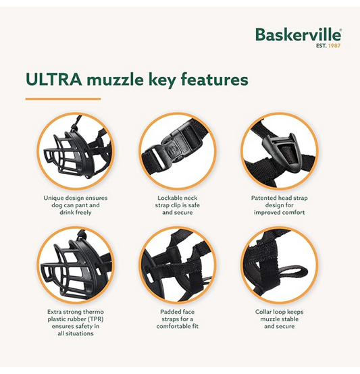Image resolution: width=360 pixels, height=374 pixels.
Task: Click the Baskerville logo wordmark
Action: tap(299, 35)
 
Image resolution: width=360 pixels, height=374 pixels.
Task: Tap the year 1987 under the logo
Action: tap(334, 45)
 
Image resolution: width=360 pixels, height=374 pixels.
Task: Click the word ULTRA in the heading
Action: tap(53, 80)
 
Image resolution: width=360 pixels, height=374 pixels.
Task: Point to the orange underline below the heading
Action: tap(63, 99)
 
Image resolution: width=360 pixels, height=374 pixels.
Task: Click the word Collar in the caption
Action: tap(263, 312)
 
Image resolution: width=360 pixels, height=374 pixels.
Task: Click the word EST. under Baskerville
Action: tap(322, 45)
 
